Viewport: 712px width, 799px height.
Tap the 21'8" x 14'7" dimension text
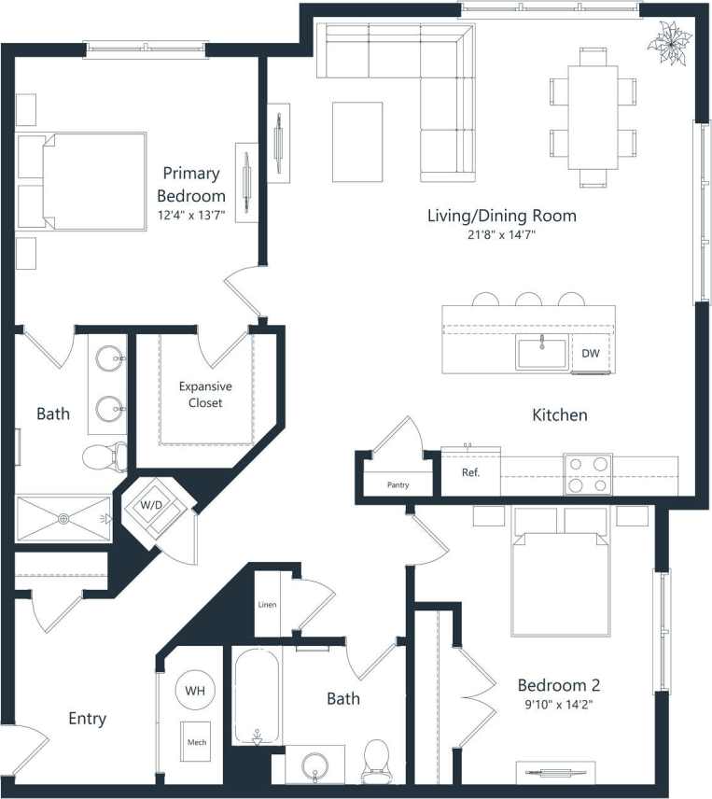click(501, 236)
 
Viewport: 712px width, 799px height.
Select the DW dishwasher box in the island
click(590, 353)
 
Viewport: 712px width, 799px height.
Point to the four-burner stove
click(587, 473)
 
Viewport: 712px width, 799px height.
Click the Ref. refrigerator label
click(470, 472)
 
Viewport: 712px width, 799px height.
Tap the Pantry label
click(398, 485)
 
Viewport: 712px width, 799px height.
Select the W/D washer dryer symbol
click(150, 506)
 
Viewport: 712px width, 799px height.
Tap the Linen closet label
click(268, 605)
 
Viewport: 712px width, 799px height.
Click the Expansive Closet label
click(205, 394)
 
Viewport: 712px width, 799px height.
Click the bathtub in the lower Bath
click(257, 695)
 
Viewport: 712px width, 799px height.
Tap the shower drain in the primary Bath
click(64, 518)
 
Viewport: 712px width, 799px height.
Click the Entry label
click(87, 719)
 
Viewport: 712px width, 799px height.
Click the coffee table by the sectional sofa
click(357, 142)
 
